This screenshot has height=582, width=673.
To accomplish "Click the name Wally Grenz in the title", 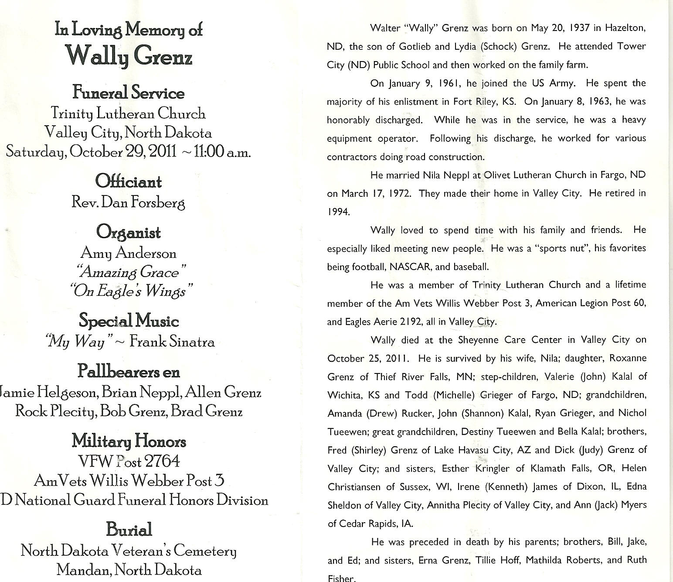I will [x=129, y=55].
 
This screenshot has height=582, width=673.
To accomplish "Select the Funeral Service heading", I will [x=128, y=93].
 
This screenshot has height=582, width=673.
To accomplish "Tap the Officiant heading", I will [x=128, y=181].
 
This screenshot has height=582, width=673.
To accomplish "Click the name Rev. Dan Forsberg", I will [x=128, y=202].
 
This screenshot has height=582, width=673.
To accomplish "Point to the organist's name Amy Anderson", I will [x=128, y=253].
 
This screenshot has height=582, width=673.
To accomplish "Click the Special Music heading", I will [x=129, y=321].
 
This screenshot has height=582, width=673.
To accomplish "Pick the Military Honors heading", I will [x=129, y=441].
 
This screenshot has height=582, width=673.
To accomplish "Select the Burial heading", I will [x=129, y=530].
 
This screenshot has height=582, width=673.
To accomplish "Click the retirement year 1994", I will [x=338, y=212].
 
